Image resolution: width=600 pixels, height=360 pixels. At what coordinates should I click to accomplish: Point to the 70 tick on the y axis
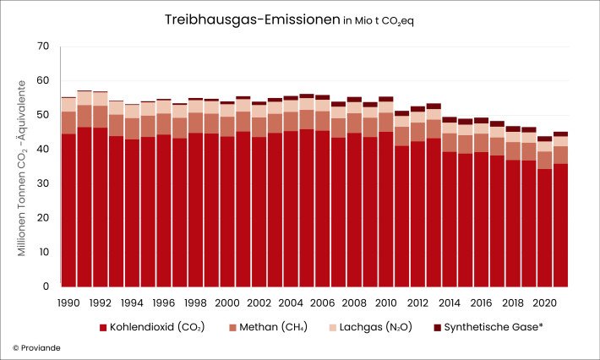click(43, 46)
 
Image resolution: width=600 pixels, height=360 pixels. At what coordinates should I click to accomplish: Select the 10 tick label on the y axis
click(43, 253)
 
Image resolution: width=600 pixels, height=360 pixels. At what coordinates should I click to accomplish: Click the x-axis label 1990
click(68, 301)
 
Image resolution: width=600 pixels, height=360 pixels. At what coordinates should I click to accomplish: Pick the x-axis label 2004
click(290, 301)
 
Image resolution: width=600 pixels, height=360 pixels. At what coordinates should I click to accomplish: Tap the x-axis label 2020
click(543, 301)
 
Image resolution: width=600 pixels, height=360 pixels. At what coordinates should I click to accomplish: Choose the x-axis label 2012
click(417, 301)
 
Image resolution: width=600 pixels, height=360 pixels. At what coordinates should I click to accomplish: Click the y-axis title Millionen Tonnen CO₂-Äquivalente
click(24, 167)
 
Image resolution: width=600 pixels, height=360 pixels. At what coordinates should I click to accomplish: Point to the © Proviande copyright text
click(37, 347)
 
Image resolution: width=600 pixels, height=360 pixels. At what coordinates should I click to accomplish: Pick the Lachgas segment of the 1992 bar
click(101, 99)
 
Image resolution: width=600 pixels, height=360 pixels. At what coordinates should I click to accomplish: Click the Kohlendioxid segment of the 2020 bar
click(544, 227)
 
